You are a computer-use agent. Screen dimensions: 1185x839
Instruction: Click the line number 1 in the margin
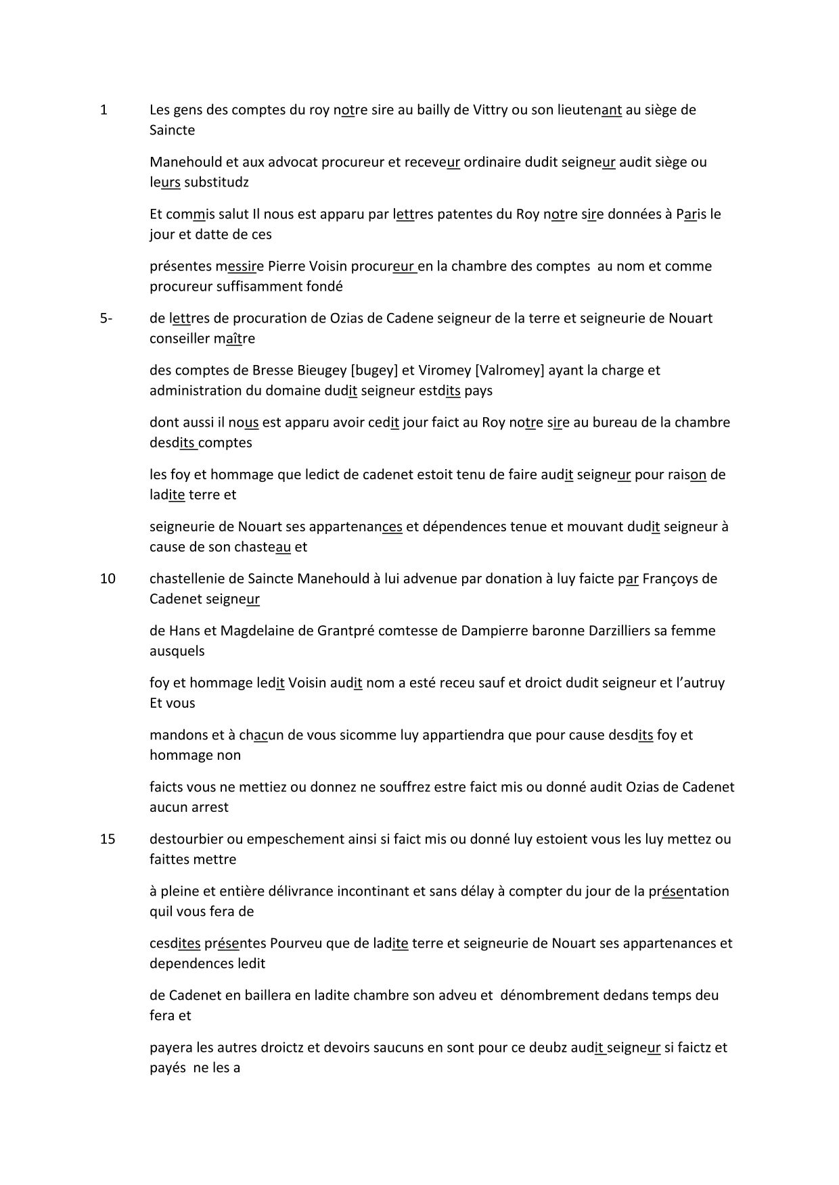point(104,110)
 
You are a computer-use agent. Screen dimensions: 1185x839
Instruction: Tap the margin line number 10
point(108,579)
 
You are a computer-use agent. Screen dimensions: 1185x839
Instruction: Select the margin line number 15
point(108,839)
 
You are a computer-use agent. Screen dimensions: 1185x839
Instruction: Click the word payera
point(171,1048)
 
